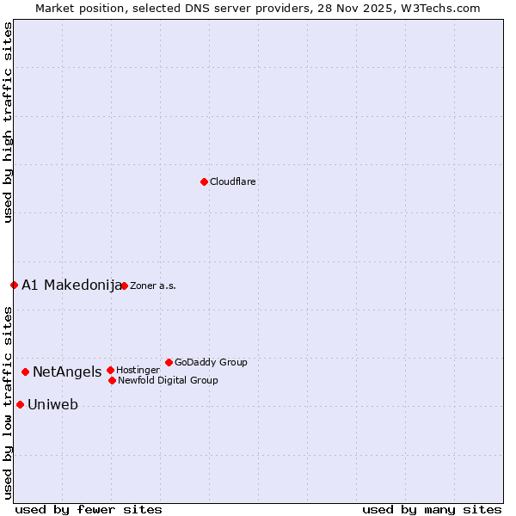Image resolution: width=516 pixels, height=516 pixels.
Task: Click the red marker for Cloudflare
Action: (204, 181)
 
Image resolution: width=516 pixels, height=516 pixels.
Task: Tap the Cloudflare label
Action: (233, 182)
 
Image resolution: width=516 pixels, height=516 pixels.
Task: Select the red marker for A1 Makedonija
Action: (14, 285)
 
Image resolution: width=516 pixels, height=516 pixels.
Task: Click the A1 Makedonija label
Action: (71, 286)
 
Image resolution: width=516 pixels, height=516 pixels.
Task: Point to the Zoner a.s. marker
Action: (124, 286)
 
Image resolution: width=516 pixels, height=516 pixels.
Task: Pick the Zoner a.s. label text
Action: (153, 286)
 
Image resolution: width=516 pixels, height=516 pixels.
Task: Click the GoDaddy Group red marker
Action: (169, 362)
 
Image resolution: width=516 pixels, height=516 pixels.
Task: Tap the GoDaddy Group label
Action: (211, 363)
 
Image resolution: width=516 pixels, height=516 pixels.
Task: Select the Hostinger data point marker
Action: (110, 370)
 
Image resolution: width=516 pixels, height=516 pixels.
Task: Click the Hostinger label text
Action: (138, 371)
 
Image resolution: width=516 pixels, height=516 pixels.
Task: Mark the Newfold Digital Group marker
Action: (112, 380)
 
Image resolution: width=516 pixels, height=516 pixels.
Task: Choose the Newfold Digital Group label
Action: (168, 381)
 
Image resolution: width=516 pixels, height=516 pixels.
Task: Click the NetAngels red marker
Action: (25, 372)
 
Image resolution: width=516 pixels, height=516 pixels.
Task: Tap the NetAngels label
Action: (67, 372)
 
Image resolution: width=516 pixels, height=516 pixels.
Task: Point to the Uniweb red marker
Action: (20, 404)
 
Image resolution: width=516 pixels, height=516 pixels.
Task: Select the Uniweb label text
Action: (52, 405)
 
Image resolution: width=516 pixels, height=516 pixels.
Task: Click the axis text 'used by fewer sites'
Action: (89, 510)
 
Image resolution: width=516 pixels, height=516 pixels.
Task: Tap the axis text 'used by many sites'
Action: (432, 510)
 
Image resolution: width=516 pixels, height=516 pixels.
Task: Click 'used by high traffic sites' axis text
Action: (8, 122)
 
